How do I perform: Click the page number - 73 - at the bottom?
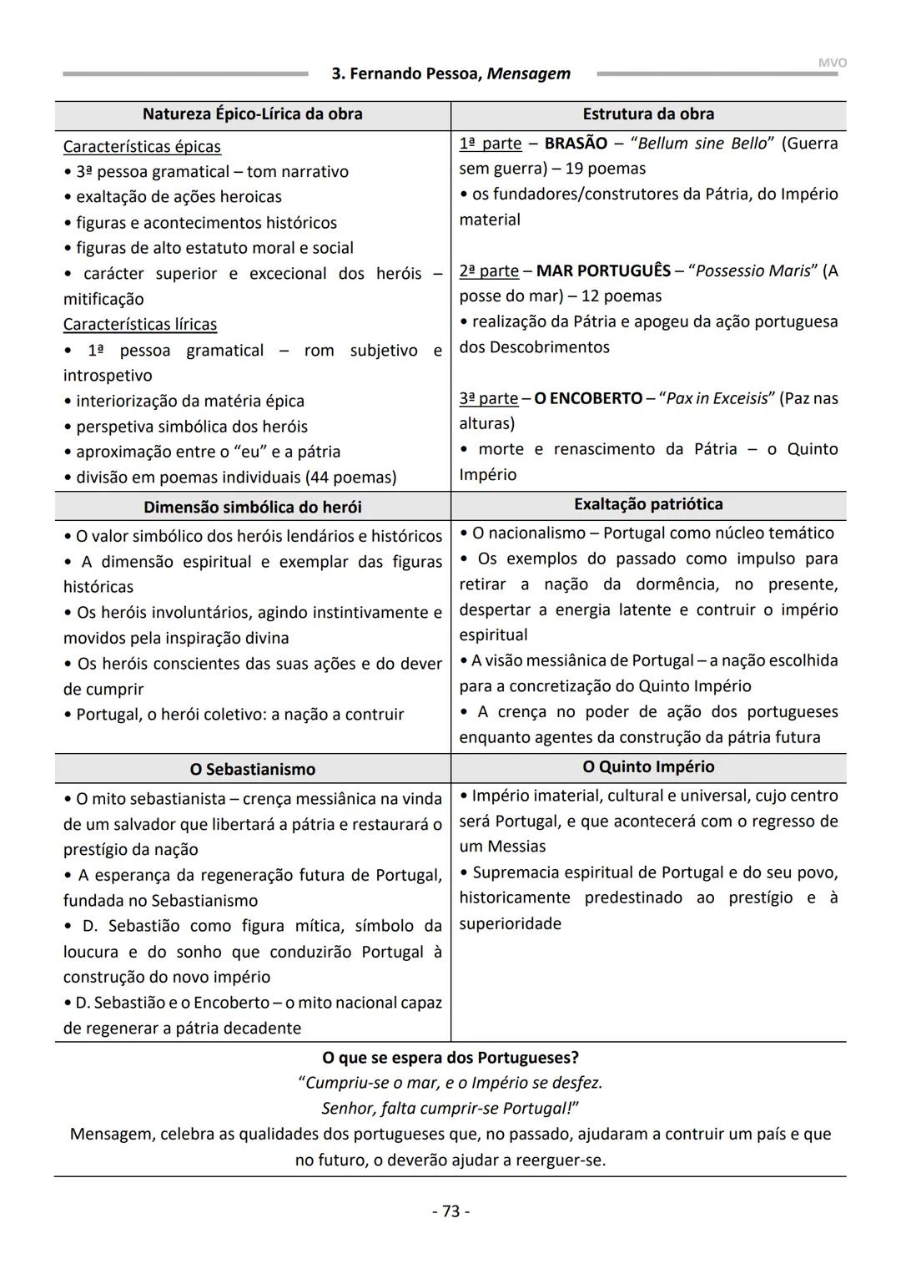[450, 1211]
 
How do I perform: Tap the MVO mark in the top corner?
[832, 63]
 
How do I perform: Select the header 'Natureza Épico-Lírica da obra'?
[252, 114]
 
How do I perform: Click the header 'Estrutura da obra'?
[648, 114]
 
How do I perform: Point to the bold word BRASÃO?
[576, 143]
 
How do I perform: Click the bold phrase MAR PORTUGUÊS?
[603, 270]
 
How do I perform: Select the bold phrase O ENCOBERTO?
[588, 398]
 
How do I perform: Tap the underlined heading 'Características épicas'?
[142, 146]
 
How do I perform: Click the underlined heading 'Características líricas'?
[140, 324]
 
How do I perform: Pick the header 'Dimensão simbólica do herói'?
[252, 507]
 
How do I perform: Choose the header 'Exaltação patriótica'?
[648, 503]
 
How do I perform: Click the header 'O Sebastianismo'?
[252, 769]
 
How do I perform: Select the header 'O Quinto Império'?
[648, 766]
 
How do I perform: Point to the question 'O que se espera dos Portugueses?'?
[450, 1057]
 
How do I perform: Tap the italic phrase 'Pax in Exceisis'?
[717, 398]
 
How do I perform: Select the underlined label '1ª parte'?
[491, 143]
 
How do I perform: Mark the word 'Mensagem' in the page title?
[529, 73]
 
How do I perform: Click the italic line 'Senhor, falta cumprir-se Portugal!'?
[450, 1108]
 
